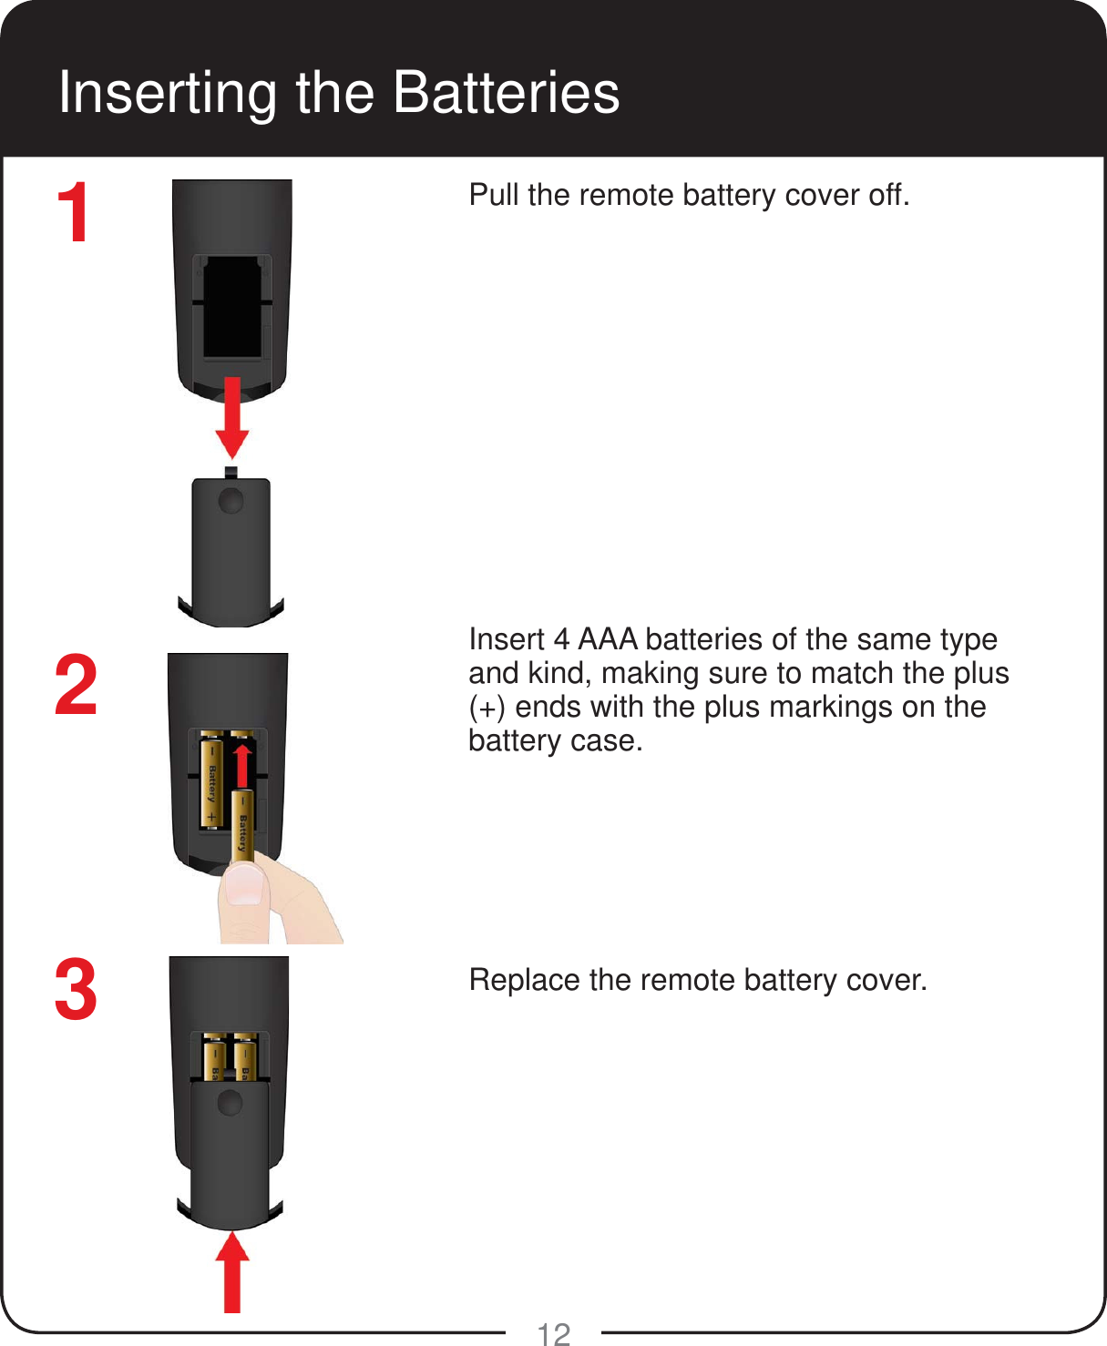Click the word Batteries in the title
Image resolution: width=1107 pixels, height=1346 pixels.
(507, 93)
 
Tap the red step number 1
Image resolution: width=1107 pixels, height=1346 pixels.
(74, 212)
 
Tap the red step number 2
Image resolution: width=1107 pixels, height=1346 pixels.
(76, 685)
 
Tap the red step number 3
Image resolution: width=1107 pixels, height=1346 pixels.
(76, 990)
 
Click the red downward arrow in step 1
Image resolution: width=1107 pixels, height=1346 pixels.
(232, 419)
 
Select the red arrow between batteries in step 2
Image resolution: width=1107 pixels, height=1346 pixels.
(241, 765)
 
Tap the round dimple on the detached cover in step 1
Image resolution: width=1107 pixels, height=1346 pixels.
(231, 500)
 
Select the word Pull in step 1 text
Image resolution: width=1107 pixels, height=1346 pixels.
(495, 195)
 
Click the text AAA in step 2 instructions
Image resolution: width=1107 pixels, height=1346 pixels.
(607, 639)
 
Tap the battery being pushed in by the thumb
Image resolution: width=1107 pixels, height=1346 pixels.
(242, 824)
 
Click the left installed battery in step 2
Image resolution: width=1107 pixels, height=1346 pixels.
(212, 780)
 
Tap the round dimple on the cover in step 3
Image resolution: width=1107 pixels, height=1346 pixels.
(230, 1103)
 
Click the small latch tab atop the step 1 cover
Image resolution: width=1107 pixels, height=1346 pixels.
(231, 473)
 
